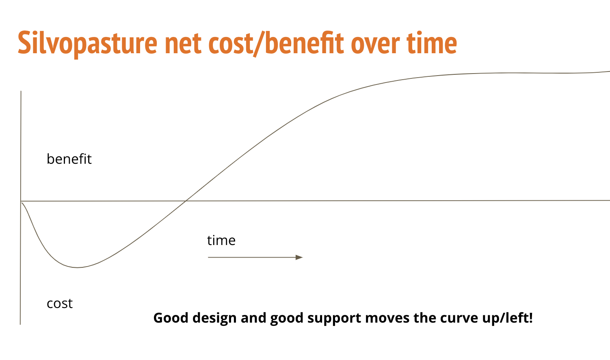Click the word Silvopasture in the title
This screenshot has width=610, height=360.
click(x=87, y=43)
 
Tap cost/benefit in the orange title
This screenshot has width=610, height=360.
click(x=277, y=43)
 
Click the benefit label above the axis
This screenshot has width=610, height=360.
click(x=69, y=158)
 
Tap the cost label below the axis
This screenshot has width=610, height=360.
click(x=60, y=304)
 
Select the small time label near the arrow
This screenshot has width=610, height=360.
click(x=221, y=241)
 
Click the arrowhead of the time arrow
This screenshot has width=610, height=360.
click(x=299, y=257)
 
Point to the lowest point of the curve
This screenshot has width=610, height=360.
click(x=77, y=268)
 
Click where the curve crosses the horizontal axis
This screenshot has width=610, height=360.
click(x=186, y=201)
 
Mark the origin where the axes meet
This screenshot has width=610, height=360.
click(x=21, y=201)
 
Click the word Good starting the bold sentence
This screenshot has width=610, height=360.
click(x=171, y=318)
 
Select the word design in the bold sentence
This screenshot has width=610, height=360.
click(x=214, y=318)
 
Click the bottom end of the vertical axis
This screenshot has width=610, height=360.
click(x=20, y=325)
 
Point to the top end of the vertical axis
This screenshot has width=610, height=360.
click(x=21, y=91)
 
